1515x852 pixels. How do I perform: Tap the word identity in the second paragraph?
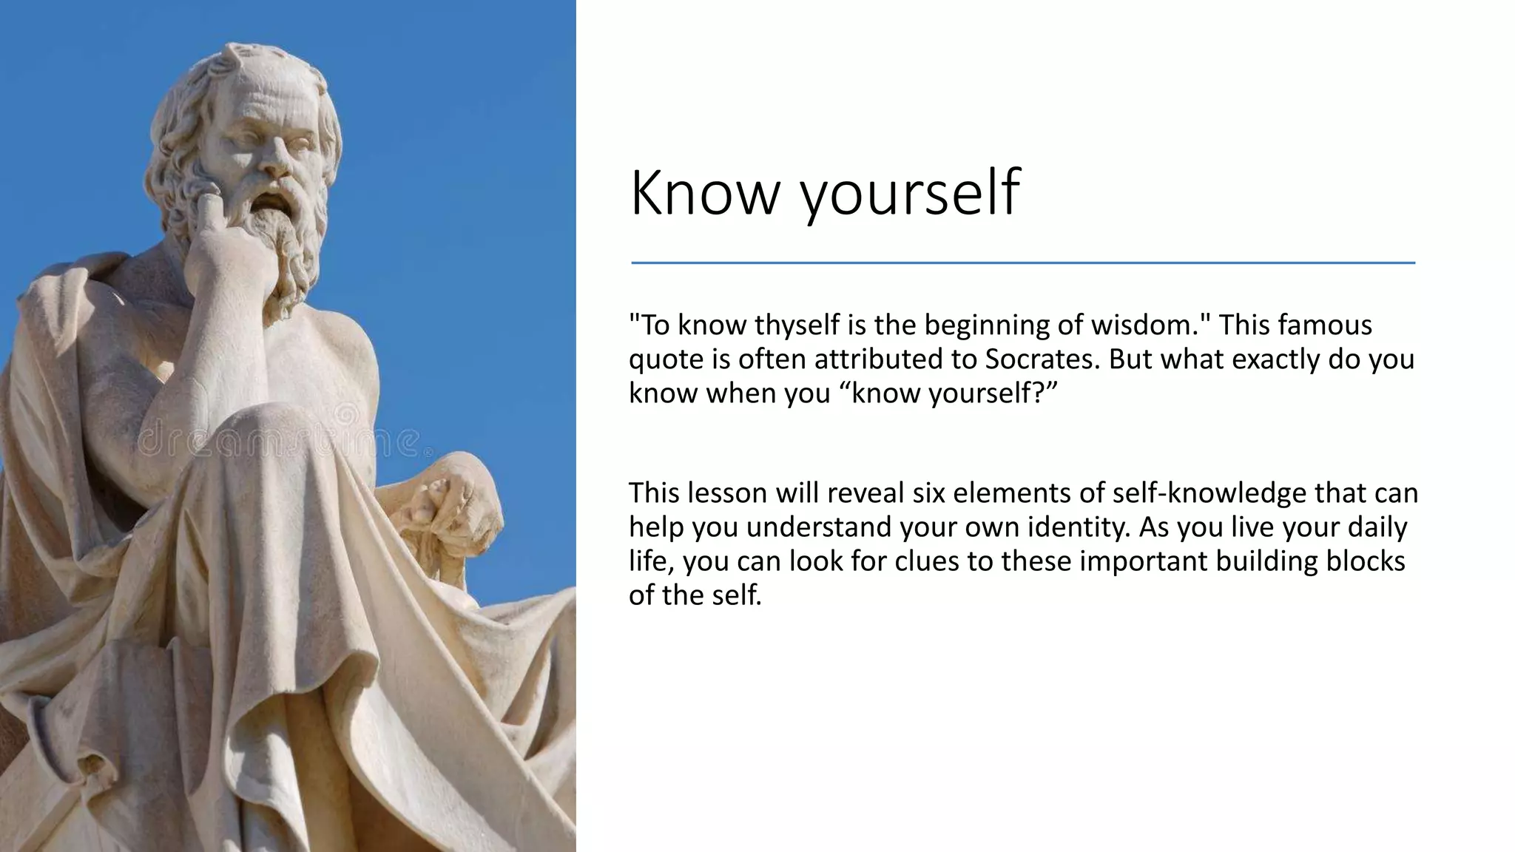pyautogui.click(x=1076, y=527)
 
